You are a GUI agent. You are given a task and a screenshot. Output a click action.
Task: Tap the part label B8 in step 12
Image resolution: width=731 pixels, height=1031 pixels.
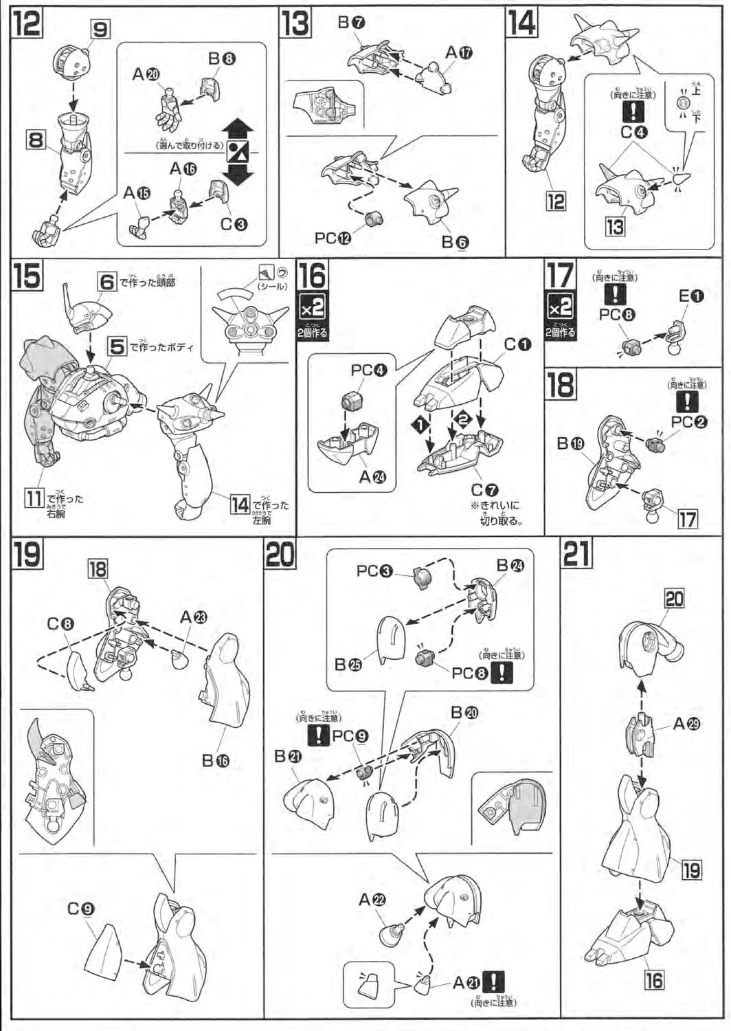(222, 60)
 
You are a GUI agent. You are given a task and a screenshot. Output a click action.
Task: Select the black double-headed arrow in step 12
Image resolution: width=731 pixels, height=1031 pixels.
(239, 152)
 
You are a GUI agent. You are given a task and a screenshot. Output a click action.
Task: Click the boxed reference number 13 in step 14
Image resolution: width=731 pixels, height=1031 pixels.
(615, 226)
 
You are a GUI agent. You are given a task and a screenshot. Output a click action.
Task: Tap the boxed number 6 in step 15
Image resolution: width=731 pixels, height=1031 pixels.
(107, 281)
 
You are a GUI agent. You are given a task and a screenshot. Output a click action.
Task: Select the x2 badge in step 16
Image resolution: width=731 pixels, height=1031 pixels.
(312, 309)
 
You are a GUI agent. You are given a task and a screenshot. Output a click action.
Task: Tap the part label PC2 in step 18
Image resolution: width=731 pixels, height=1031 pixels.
(688, 422)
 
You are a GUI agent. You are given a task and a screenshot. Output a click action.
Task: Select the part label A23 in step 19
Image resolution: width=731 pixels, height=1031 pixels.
(193, 617)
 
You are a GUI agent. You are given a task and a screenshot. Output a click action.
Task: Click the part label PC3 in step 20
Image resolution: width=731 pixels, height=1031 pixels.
(374, 570)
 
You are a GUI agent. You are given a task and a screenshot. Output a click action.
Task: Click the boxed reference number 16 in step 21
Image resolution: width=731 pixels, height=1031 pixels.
(654, 979)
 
